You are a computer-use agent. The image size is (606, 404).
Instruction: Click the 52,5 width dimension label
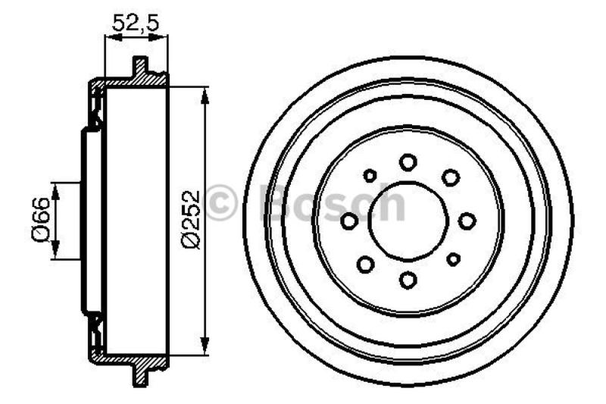coord(136,23)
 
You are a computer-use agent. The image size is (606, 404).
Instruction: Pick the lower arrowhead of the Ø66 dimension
coord(55,254)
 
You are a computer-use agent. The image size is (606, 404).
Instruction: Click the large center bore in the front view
coord(408,221)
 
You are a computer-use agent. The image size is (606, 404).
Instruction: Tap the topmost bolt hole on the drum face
coord(408,161)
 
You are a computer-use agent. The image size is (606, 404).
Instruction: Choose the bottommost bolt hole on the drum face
coord(408,280)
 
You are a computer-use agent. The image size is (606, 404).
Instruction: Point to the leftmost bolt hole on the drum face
coord(349,221)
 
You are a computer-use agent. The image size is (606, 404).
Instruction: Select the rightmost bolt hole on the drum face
coord(467,221)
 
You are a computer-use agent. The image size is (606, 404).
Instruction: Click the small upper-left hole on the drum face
coord(370,176)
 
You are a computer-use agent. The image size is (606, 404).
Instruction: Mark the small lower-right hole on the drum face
coord(453,259)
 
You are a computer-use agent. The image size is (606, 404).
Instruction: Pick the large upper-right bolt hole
coord(451,177)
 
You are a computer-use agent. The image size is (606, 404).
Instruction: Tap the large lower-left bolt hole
coord(366,264)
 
